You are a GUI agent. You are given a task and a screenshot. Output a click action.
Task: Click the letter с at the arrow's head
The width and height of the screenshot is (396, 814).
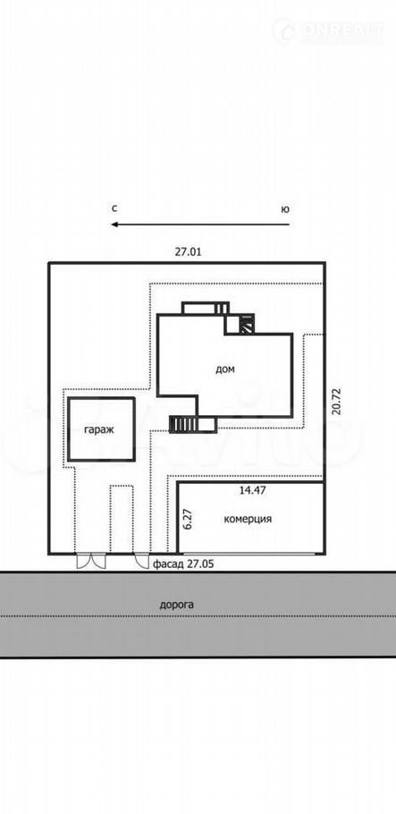point(114,208)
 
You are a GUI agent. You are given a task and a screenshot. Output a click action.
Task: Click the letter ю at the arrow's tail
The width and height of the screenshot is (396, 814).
point(285,209)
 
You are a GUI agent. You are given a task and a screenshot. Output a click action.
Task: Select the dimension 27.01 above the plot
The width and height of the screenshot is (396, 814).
point(188,252)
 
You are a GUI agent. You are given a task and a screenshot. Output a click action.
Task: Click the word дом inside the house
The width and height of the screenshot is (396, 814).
point(225,369)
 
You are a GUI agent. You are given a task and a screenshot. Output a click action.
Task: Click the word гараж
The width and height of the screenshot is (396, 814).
point(99,430)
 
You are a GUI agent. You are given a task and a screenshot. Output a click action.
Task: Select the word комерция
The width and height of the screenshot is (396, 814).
point(249,519)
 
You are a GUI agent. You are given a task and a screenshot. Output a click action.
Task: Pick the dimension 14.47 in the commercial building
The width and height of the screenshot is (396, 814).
point(253,489)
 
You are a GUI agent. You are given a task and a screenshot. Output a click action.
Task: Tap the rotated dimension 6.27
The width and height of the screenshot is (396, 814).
point(189,519)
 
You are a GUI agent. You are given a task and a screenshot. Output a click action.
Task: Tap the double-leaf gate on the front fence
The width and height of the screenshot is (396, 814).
point(91,561)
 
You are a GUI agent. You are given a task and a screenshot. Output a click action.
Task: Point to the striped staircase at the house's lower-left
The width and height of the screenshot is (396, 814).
point(182,425)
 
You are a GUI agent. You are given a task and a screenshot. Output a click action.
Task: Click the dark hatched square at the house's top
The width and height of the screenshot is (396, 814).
point(247,325)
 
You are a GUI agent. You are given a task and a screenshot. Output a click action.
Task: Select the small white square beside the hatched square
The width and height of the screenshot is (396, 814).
point(232,325)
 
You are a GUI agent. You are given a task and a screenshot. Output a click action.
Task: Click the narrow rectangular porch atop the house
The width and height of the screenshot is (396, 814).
point(205,309)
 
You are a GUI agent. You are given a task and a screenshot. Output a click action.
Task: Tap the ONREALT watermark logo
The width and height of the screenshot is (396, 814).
point(328,31)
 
